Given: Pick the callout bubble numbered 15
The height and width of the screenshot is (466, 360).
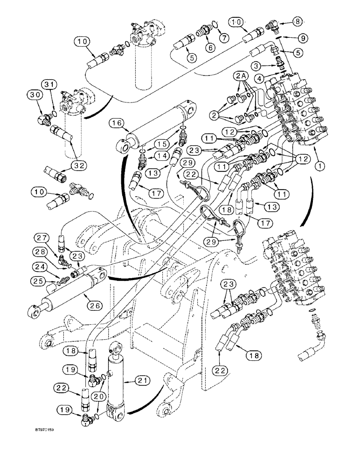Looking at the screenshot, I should coord(163,144).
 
